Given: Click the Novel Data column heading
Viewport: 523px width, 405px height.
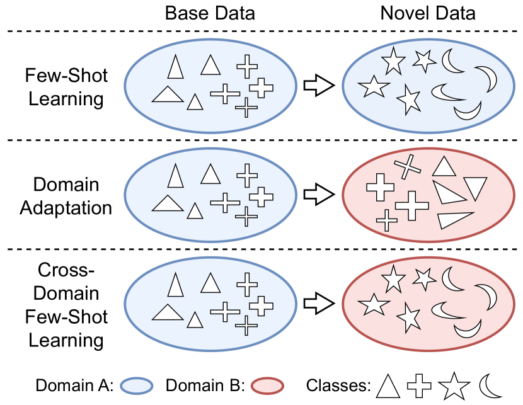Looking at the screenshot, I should click(x=428, y=13).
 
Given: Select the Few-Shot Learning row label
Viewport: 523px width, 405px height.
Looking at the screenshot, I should click(x=66, y=88).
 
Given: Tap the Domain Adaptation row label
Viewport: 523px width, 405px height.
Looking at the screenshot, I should click(x=66, y=196).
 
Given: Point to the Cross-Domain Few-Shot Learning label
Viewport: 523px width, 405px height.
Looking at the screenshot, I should click(x=66, y=305).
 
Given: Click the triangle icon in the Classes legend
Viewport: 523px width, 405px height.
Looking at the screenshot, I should click(x=388, y=385).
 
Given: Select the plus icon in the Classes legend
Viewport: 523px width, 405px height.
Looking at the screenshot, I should click(x=419, y=385).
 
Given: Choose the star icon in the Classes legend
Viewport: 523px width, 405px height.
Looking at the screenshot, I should click(x=452, y=385).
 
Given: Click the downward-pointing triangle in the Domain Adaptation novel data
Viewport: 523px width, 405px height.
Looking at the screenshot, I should click(x=475, y=188).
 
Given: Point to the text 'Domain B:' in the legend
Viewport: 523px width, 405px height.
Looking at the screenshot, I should click(x=205, y=385).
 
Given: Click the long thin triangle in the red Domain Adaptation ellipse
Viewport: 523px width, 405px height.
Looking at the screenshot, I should click(x=456, y=219).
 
